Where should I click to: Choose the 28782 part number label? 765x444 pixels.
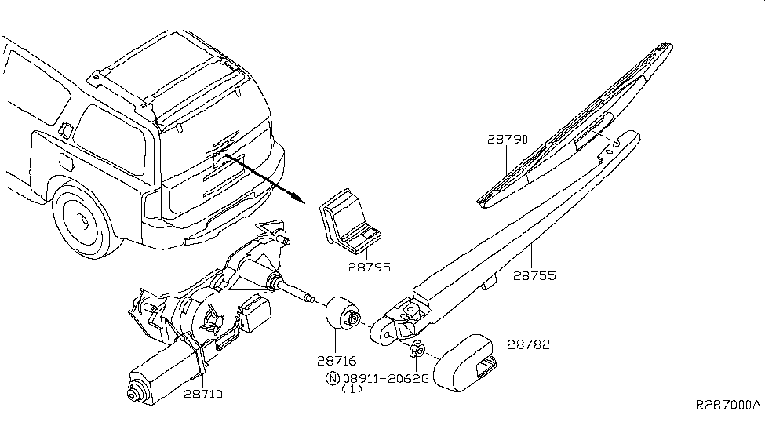click(x=527, y=344)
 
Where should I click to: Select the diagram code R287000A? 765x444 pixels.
click(x=727, y=406)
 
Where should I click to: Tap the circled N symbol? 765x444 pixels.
click(x=333, y=378)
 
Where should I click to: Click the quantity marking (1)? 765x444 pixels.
click(x=352, y=389)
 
